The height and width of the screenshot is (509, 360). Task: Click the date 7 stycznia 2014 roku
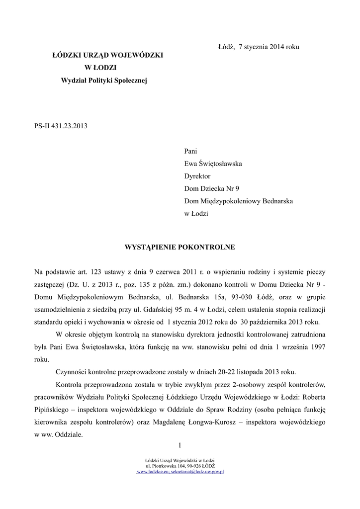[269, 47]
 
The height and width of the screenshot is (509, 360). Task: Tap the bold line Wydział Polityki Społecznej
[104, 80]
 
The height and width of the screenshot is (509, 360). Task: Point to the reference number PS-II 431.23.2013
[61, 126]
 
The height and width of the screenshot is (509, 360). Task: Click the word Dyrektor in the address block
[197, 176]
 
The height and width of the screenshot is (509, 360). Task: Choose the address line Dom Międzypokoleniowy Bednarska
[238, 201]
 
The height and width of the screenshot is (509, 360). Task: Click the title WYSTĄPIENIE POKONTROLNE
[180, 247]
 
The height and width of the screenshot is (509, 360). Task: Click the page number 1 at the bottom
[180, 444]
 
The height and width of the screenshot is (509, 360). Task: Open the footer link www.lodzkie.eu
[153, 472]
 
